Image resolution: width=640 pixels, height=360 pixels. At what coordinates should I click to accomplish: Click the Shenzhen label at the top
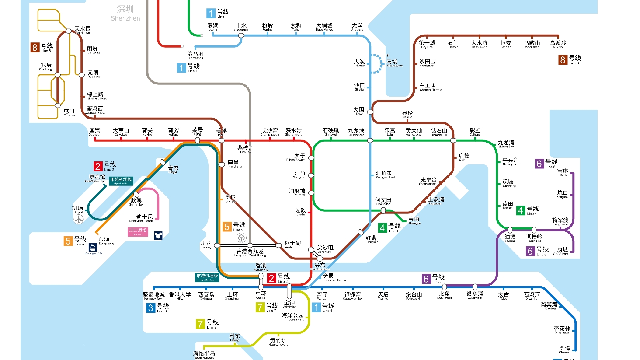point(125,13)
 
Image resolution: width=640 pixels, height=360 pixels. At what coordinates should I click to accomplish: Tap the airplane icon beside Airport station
point(79,219)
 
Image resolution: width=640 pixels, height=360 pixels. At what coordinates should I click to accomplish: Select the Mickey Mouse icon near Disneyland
point(158,235)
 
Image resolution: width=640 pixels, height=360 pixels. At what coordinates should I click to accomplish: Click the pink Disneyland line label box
point(138,232)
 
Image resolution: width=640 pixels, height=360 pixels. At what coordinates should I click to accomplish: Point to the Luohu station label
point(213,27)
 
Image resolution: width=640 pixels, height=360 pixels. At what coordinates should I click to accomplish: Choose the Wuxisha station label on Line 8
point(558,44)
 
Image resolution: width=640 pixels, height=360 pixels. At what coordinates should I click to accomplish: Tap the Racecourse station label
point(393,63)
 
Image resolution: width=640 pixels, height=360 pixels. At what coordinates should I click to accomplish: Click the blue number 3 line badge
point(150,308)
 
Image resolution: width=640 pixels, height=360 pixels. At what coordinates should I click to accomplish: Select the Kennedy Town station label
point(154,296)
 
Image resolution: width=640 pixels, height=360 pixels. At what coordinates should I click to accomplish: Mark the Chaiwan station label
point(565,349)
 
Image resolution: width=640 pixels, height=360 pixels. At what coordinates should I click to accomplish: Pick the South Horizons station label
point(204,355)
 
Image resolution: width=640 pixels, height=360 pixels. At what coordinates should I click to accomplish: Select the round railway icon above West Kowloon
point(241,238)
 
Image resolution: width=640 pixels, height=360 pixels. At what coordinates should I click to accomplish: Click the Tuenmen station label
point(69,112)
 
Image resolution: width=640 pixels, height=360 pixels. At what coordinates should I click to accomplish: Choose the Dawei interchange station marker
point(370,112)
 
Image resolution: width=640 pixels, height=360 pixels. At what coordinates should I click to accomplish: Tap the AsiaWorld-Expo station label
point(97,178)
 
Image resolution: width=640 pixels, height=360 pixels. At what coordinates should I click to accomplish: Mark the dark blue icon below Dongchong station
point(93,248)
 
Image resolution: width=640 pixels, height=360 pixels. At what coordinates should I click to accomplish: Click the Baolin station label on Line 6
point(563,172)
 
